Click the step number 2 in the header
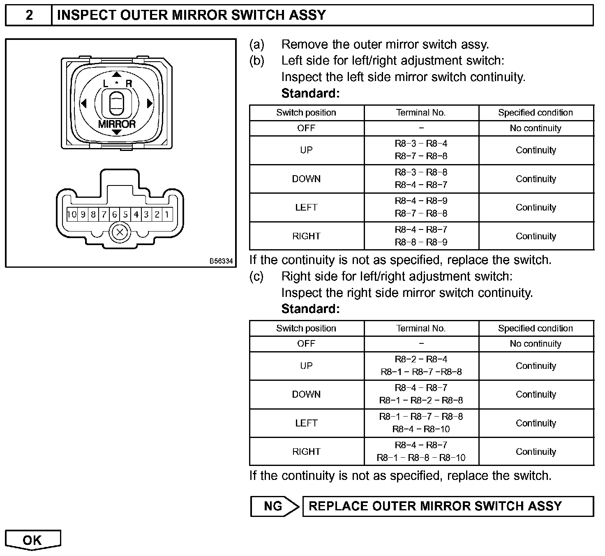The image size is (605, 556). click(29, 15)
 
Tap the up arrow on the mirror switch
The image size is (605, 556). click(117, 74)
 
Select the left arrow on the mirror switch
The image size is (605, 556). click(83, 103)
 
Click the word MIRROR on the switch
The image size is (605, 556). click(117, 124)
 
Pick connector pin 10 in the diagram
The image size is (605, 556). click(72, 214)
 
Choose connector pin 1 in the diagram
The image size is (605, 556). click(167, 214)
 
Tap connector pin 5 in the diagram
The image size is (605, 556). click(125, 214)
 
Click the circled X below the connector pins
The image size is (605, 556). click(120, 233)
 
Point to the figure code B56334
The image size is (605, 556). click(221, 261)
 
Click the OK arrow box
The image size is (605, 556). click(32, 540)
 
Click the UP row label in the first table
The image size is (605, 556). click(306, 150)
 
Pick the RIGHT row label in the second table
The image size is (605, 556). click(306, 452)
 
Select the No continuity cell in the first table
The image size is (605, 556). click(536, 128)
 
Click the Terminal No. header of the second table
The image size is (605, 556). click(421, 328)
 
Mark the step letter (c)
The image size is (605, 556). click(256, 276)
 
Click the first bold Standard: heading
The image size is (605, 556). click(310, 94)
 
